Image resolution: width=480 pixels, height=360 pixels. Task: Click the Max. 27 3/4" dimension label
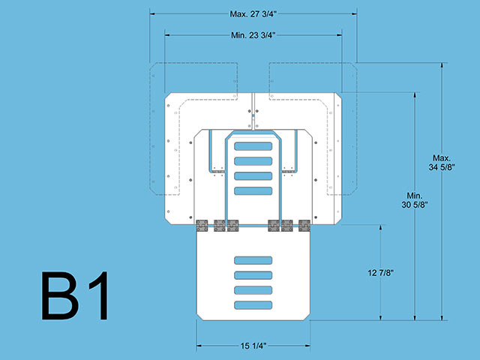tap(253, 14)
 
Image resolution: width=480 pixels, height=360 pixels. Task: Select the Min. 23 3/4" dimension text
tap(253, 35)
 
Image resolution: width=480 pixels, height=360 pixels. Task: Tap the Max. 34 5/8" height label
tap(442, 163)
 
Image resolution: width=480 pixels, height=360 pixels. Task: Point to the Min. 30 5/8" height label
tap(415, 200)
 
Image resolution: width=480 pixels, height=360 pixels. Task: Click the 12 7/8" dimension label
tap(380, 273)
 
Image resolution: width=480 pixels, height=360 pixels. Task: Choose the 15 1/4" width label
tap(253, 346)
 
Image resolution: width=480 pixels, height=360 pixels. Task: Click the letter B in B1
tap(60, 295)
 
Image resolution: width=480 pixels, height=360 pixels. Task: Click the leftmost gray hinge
tap(202, 226)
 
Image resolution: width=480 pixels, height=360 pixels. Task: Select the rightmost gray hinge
tap(304, 226)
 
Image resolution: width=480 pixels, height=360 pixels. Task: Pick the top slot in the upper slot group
tap(253, 146)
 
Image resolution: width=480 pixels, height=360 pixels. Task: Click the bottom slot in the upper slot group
tap(253, 191)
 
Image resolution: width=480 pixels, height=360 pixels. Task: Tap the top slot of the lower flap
tap(253, 260)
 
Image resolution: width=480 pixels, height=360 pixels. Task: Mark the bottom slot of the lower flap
tap(253, 305)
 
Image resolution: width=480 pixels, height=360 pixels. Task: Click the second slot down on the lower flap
tap(253, 275)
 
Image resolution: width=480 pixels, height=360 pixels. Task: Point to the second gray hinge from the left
tap(220, 226)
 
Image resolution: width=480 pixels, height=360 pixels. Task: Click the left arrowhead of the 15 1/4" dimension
tap(199, 346)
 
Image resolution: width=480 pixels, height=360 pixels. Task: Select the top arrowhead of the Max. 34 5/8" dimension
tap(442, 65)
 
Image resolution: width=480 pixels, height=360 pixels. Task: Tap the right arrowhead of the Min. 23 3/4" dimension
tap(339, 35)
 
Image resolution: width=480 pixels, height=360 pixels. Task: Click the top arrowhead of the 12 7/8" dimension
tap(380, 228)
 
